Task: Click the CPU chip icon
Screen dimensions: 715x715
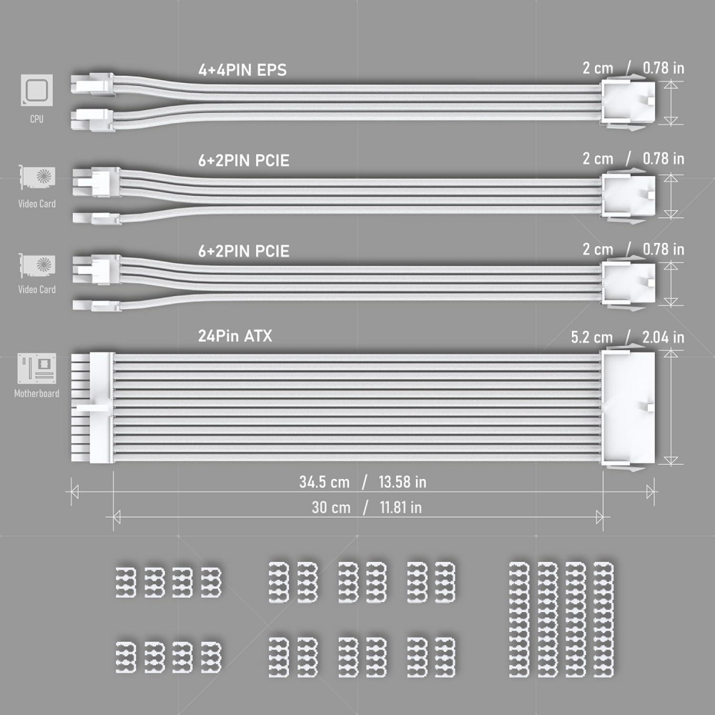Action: pyautogui.click(x=36, y=90)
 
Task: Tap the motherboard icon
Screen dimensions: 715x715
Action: pyautogui.click(x=37, y=368)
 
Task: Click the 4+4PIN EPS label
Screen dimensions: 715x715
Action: pyautogui.click(x=242, y=70)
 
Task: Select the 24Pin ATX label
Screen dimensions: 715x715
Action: pyautogui.click(x=235, y=336)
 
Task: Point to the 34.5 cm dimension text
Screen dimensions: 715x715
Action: pyautogui.click(x=324, y=482)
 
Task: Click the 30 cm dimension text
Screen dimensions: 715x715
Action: pyautogui.click(x=331, y=508)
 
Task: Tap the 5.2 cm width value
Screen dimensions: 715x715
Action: pyautogui.click(x=592, y=337)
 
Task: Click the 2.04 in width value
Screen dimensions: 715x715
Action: pyautogui.click(x=663, y=337)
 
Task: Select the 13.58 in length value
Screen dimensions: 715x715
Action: pyautogui.click(x=402, y=482)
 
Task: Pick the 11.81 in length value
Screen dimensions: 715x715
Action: pyautogui.click(x=400, y=508)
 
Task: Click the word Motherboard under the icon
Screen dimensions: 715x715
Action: pyautogui.click(x=36, y=393)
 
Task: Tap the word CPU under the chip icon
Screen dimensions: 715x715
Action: pyautogui.click(x=36, y=119)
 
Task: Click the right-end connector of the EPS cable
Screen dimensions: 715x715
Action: pyautogui.click(x=628, y=102)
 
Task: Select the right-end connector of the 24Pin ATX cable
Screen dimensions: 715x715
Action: pyautogui.click(x=628, y=408)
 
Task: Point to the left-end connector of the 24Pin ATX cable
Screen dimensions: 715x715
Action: pyautogui.click(x=92, y=408)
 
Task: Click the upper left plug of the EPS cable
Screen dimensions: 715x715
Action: pyautogui.click(x=92, y=84)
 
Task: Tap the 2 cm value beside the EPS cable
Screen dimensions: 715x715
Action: pyautogui.click(x=598, y=68)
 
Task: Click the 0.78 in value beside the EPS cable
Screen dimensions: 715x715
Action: pyautogui.click(x=664, y=68)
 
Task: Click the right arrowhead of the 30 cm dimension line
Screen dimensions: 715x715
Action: pyautogui.click(x=600, y=518)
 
